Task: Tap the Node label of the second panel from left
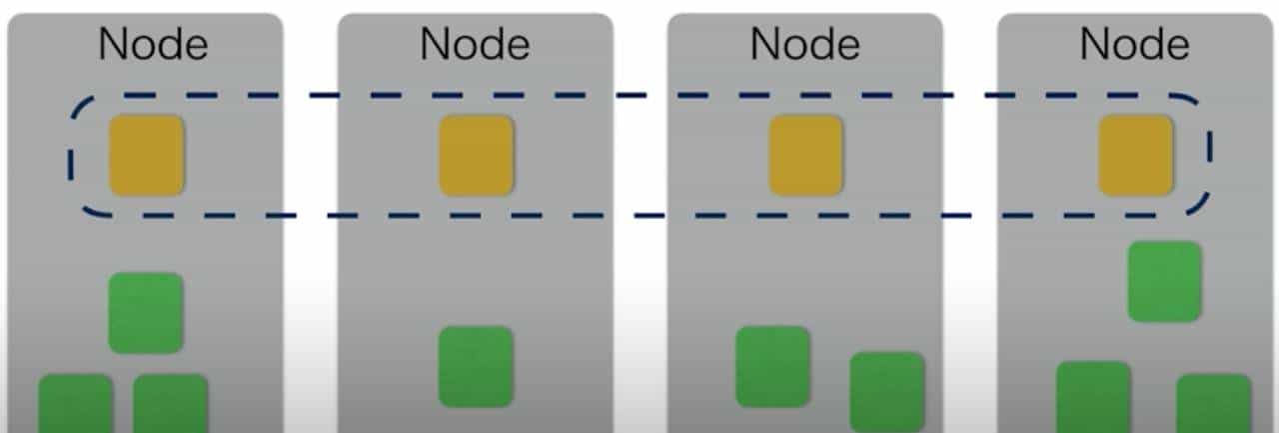(x=475, y=44)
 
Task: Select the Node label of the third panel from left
(x=804, y=44)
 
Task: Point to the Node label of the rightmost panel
(x=1135, y=44)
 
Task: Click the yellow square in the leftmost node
(x=146, y=155)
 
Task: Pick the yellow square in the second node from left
(x=477, y=155)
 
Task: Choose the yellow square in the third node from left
(x=805, y=155)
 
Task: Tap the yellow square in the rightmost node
(x=1136, y=155)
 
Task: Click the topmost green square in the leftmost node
(x=146, y=312)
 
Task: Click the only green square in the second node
(x=477, y=366)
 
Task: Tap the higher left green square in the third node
(x=772, y=366)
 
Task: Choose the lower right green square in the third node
(x=887, y=391)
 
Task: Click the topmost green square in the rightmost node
(x=1165, y=281)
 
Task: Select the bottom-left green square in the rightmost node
(x=1093, y=397)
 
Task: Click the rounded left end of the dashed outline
(x=72, y=156)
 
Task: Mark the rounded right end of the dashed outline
(x=1208, y=155)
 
